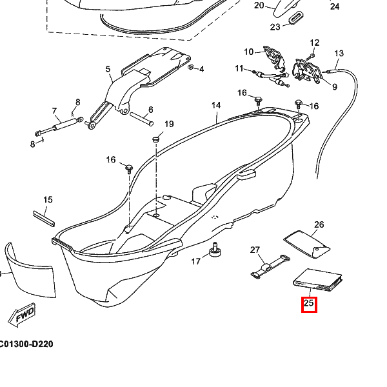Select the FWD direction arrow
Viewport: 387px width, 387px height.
[x=21, y=315]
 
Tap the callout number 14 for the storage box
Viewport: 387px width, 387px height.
[x=216, y=105]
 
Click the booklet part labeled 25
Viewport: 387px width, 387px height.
[x=318, y=280]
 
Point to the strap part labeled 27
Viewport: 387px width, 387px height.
[x=270, y=266]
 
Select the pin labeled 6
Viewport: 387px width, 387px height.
[x=142, y=119]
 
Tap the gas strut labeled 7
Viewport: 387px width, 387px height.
[x=59, y=126]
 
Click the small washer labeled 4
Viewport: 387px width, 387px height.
[x=190, y=67]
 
